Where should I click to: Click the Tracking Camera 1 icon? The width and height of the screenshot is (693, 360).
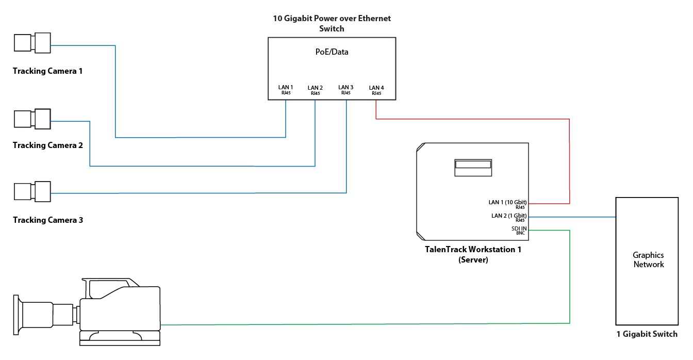pyautogui.click(x=32, y=42)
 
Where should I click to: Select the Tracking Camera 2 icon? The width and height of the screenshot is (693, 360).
pyautogui.click(x=32, y=119)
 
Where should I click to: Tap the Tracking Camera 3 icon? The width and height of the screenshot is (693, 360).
pyautogui.click(x=32, y=191)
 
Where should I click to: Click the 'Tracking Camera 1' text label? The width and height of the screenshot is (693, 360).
pyautogui.click(x=47, y=71)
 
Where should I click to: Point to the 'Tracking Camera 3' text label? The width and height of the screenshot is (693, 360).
pyautogui.click(x=47, y=220)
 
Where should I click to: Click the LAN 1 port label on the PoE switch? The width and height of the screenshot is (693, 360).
pyautogui.click(x=286, y=90)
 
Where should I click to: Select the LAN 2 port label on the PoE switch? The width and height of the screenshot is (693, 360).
pyautogui.click(x=315, y=90)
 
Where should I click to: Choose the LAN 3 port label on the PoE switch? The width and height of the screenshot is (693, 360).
pyautogui.click(x=346, y=90)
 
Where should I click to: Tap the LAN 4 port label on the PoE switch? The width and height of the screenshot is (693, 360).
pyautogui.click(x=376, y=90)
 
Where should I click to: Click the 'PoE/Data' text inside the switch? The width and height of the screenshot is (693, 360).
pyautogui.click(x=332, y=52)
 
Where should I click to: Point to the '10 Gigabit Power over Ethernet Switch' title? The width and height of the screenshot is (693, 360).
pyautogui.click(x=332, y=23)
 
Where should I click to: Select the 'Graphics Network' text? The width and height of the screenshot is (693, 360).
pyautogui.click(x=648, y=259)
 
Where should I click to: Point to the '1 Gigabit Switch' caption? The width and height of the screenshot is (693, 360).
pyautogui.click(x=647, y=334)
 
